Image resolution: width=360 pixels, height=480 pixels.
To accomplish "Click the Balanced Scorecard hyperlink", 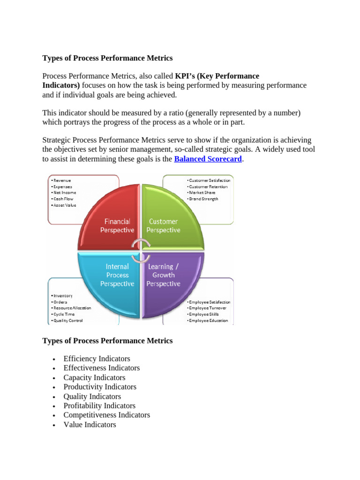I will coord(208,159).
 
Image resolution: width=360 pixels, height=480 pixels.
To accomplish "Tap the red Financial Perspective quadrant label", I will coord(117,225).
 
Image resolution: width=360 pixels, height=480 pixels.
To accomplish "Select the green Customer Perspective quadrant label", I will coord(163,225).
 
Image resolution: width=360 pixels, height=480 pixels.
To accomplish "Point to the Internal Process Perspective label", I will coord(117,275).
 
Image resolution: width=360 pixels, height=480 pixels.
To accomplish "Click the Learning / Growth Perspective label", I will coord(163,275).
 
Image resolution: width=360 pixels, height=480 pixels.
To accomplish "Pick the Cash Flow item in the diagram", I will coord(63,199).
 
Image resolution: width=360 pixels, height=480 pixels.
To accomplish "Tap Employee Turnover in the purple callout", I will coord(208,308).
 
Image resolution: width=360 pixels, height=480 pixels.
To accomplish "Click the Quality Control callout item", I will coord(68,321).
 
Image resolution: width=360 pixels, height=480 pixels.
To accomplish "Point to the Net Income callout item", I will coord(65,193).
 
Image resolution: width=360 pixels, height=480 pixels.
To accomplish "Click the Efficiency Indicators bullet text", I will coord(97,359).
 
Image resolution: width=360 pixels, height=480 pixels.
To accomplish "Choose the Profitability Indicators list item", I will coord(99,405).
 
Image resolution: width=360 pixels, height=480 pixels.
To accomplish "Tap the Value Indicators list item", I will coord(90,424).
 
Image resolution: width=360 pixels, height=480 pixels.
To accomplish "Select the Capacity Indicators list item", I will coord(94,377).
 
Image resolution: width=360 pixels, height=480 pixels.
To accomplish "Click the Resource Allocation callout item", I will coord(72,308).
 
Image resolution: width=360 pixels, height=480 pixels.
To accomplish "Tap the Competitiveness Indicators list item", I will coord(107,415).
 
